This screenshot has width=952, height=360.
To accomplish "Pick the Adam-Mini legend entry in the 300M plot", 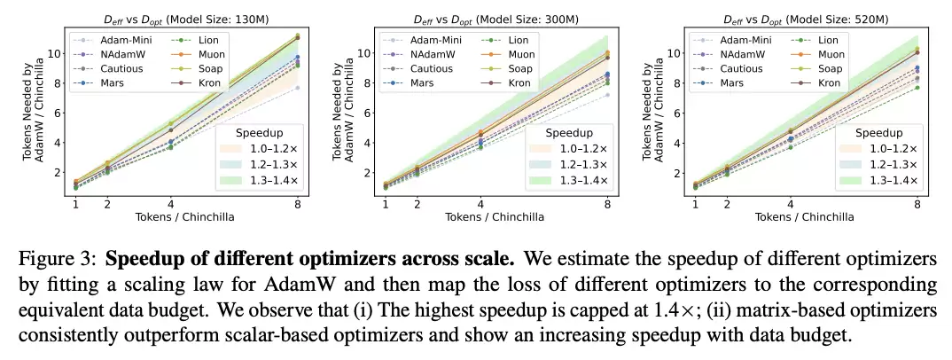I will click(434, 39).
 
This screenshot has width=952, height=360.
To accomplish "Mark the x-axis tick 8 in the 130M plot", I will click(298, 204).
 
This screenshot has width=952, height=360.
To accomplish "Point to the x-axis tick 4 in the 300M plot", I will click(480, 204).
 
